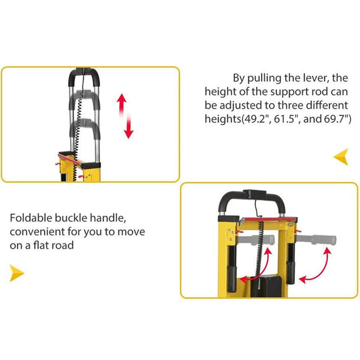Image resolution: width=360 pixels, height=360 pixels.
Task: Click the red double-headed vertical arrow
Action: [125, 116]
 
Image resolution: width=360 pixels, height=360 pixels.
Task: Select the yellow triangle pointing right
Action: [17, 273]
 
